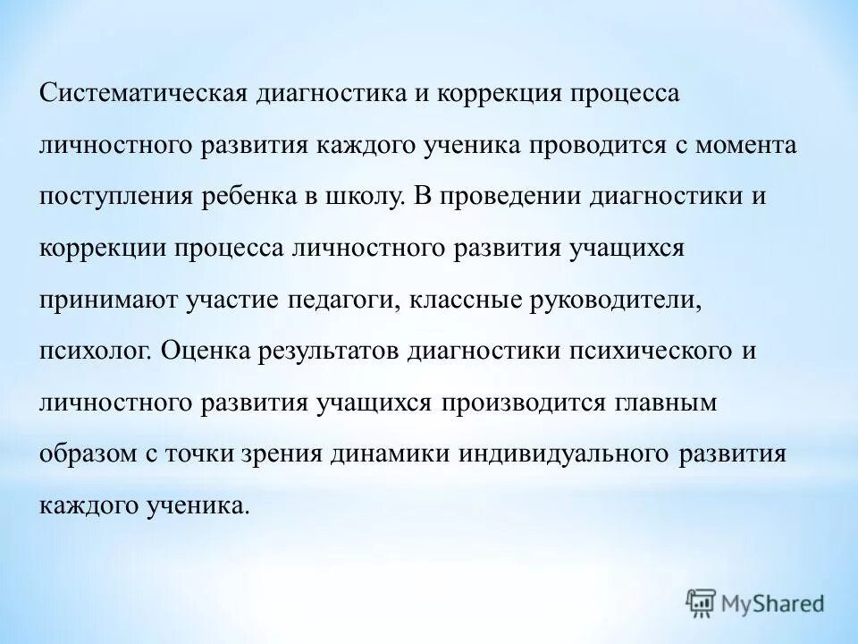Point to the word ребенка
pos(258,197)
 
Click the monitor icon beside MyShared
pos(702,602)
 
